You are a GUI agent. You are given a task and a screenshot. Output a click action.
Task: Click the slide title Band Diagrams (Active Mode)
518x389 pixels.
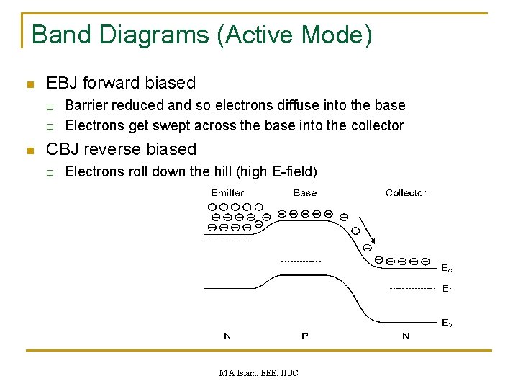202,35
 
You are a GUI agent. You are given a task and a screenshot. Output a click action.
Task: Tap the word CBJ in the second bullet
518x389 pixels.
63,149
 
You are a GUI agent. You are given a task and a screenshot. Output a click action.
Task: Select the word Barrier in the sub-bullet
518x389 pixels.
83,106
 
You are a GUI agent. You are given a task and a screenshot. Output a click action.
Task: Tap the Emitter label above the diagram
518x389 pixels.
227,193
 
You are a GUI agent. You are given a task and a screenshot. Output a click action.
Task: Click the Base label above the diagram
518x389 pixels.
305,193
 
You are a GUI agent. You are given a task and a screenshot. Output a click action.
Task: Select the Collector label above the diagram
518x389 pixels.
406,193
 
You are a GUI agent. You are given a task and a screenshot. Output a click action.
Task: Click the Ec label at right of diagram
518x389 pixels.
447,269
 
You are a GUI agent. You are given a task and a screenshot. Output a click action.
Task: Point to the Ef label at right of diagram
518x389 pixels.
447,289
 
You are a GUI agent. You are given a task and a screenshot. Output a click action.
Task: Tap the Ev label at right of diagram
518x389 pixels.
447,323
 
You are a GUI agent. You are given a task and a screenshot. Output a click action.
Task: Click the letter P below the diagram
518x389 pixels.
305,336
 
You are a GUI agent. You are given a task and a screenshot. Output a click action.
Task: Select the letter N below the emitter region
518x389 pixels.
227,336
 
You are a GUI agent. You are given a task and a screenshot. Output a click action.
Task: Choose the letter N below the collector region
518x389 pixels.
406,336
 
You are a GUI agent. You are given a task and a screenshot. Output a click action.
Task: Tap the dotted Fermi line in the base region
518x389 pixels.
301,260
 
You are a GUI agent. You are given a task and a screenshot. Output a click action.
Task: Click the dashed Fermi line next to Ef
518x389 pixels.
412,288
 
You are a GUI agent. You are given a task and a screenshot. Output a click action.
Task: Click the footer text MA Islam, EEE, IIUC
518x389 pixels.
259,373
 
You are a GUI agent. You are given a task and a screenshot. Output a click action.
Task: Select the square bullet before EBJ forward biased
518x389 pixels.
29,84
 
